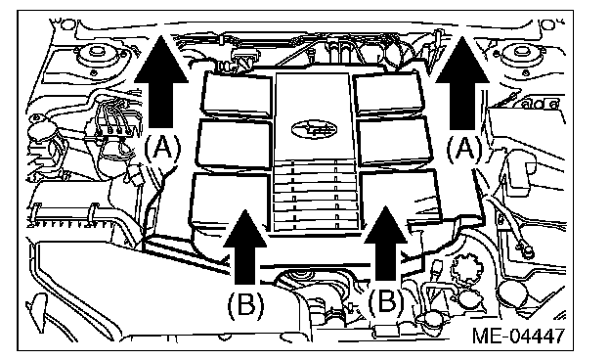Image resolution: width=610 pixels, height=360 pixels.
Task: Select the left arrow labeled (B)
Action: click(245, 247)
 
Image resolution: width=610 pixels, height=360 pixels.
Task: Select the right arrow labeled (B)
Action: click(386, 244)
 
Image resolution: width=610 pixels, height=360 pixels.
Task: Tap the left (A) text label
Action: click(162, 149)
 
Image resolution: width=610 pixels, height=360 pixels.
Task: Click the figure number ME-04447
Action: click(518, 336)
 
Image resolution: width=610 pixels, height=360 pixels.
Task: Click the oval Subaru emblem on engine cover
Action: click(314, 129)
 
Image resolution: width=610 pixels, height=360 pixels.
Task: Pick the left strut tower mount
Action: click(96, 56)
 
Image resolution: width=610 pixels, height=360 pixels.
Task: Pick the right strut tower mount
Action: click(521, 56)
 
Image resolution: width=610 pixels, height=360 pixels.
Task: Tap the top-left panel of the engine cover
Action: click(237, 95)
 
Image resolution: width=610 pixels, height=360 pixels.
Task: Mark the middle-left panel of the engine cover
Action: click(235, 143)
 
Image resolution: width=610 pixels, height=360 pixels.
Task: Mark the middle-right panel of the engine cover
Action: click(395, 141)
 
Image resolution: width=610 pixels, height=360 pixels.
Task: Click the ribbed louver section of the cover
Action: click(315, 197)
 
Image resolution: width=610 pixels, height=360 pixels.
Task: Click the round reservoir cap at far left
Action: click(40, 131)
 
